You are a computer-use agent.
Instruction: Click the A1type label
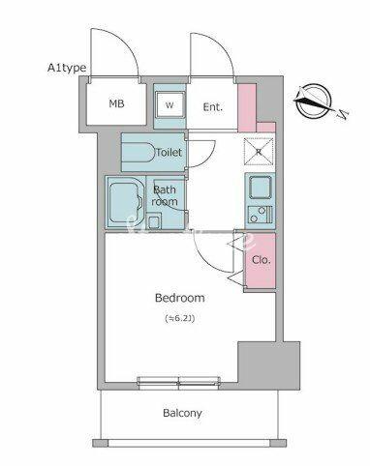67,68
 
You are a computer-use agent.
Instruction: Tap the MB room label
116,103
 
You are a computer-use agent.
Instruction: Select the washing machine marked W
170,104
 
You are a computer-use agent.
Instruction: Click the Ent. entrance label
213,107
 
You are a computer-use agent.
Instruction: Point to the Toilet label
169,152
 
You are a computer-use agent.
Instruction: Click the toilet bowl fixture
139,153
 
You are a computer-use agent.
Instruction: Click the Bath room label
165,195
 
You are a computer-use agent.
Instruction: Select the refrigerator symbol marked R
259,152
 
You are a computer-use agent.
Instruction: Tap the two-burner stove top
261,215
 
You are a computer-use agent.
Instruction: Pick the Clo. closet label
261,260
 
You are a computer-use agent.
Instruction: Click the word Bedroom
180,298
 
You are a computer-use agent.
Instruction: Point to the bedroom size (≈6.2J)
180,318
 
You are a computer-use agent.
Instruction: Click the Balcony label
182,413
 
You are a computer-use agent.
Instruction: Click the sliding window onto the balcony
179,383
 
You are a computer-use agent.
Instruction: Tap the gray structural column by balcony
269,364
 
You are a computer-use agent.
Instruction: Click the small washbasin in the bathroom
154,220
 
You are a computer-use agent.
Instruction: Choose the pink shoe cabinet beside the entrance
248,107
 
